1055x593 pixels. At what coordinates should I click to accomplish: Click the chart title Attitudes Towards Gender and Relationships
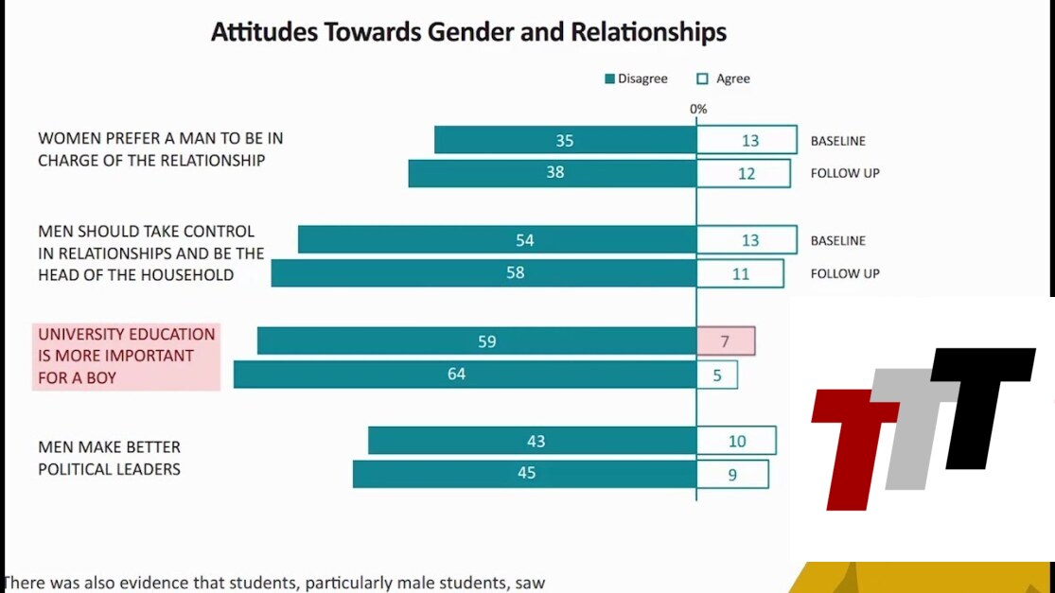pyautogui.click(x=468, y=32)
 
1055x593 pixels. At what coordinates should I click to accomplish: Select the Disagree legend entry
pyautogui.click(x=636, y=78)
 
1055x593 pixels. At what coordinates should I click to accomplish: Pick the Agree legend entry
pyautogui.click(x=724, y=78)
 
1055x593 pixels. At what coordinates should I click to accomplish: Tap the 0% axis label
pyautogui.click(x=698, y=109)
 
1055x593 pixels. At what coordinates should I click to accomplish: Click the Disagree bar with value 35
pyautogui.click(x=565, y=140)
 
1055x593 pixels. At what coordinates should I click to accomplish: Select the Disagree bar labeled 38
pyautogui.click(x=553, y=173)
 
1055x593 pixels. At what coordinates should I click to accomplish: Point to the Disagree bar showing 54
pyautogui.click(x=497, y=240)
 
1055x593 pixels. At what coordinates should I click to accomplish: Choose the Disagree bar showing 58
pyautogui.click(x=484, y=273)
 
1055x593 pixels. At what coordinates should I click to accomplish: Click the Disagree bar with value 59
pyautogui.click(x=477, y=341)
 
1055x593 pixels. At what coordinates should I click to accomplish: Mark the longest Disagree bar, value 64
pyautogui.click(x=465, y=375)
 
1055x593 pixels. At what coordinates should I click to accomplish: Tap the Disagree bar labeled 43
pyautogui.click(x=532, y=441)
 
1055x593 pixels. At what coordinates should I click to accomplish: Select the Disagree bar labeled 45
pyautogui.click(x=524, y=474)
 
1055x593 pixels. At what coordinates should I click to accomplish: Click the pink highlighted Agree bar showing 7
pyautogui.click(x=726, y=341)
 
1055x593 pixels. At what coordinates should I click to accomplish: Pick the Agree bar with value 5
pyautogui.click(x=717, y=375)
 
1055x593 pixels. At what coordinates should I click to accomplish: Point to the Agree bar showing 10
pyautogui.click(x=736, y=441)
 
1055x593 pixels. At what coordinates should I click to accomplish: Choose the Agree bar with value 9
pyautogui.click(x=732, y=474)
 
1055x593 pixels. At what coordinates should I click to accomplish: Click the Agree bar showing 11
pyautogui.click(x=740, y=273)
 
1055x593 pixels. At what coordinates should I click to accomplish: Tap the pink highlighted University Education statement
pyautogui.click(x=126, y=357)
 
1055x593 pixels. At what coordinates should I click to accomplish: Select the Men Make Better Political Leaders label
pyautogui.click(x=109, y=458)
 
